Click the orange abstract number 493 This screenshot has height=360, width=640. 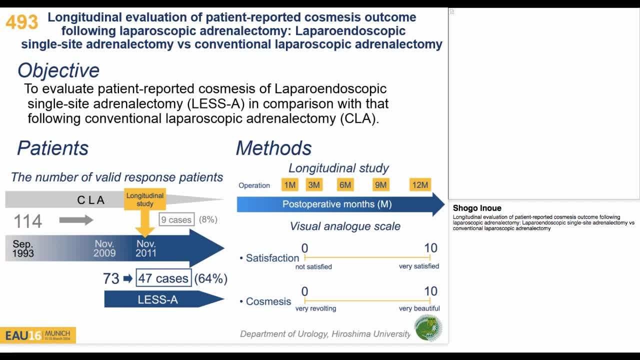point(22,22)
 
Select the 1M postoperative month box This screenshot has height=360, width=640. point(290,185)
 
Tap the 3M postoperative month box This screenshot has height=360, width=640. point(314,185)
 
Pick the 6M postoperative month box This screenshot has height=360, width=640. point(345,185)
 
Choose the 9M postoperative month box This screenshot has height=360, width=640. point(380,185)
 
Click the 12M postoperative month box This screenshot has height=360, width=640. point(420,185)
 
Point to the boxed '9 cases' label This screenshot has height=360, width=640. point(176,219)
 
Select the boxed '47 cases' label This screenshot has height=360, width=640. point(163,278)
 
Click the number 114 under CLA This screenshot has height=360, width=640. point(28,221)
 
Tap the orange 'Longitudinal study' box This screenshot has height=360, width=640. point(145,199)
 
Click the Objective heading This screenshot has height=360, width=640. point(58,70)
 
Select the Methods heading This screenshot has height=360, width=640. point(273,148)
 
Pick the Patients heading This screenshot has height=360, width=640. point(53,148)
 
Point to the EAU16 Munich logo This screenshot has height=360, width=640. point(38,335)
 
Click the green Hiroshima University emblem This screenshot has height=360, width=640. point(428,328)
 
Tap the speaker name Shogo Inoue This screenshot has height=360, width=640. point(477,208)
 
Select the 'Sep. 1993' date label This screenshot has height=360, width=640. point(23,248)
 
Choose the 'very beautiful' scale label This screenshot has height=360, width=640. point(419,308)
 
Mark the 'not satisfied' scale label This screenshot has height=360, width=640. point(313,266)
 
